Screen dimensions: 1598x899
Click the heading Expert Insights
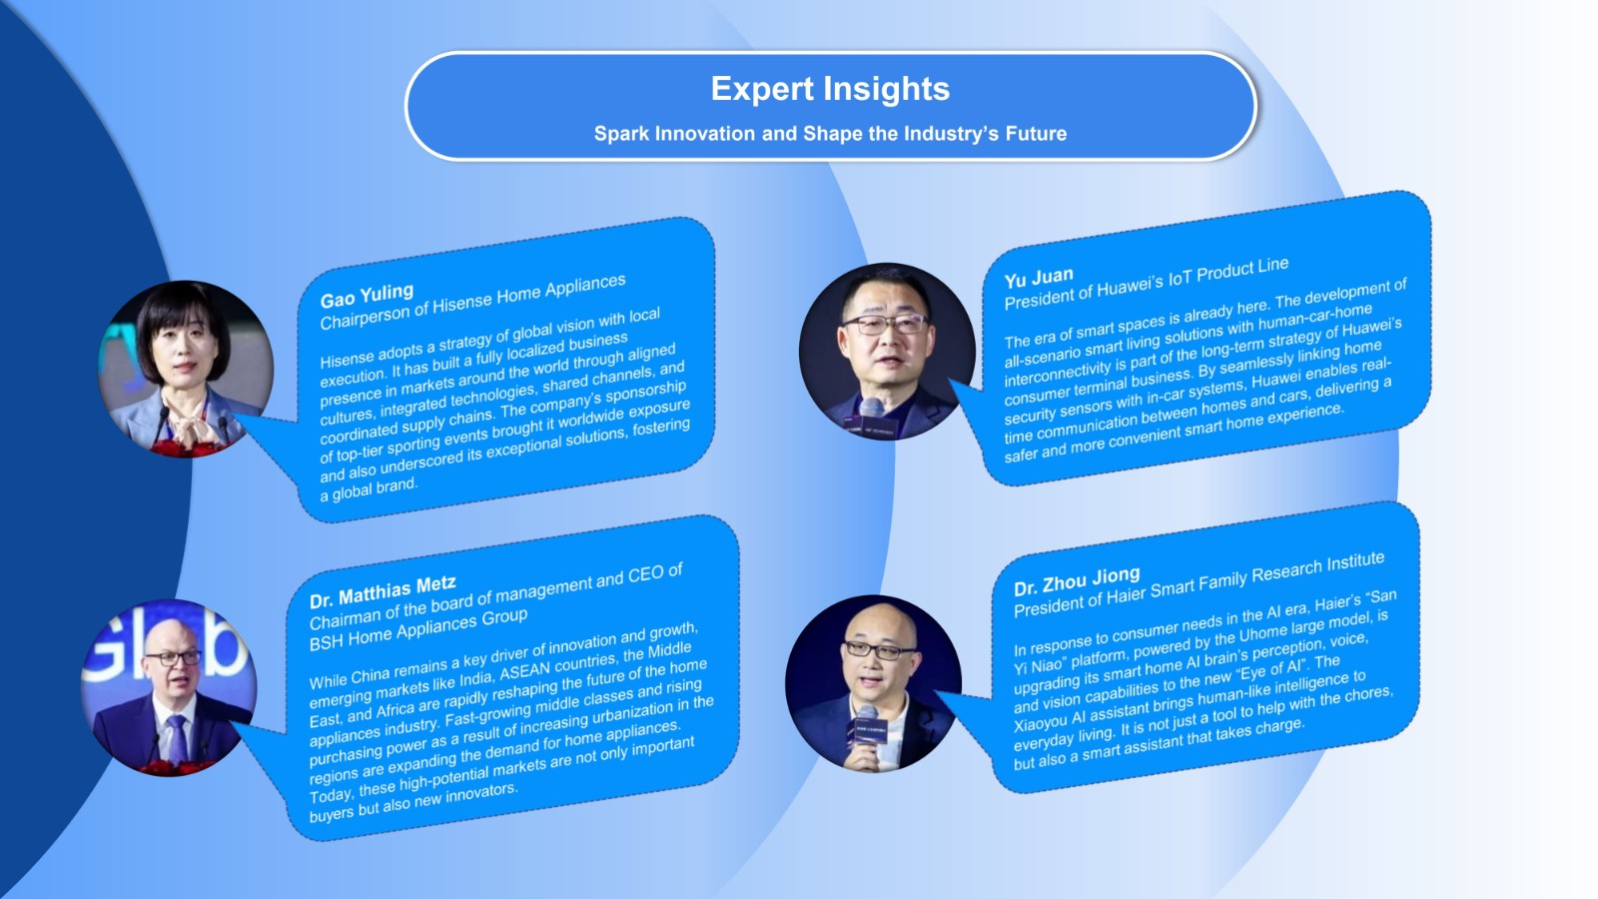(830, 89)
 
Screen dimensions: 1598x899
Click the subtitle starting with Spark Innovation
(830, 134)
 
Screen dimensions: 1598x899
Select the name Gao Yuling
(367, 296)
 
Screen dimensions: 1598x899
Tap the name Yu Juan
(1039, 278)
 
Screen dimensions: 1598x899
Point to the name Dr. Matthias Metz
(384, 592)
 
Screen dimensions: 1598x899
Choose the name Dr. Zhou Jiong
(1078, 581)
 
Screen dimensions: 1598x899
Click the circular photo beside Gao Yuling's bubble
(186, 369)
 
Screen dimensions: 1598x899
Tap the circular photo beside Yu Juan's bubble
(888, 352)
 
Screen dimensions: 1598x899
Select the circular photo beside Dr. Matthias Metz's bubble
(169, 688)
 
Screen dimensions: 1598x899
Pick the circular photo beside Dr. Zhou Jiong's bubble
(874, 683)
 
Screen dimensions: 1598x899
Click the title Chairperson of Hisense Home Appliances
(473, 302)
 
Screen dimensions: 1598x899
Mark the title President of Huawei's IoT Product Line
(1147, 284)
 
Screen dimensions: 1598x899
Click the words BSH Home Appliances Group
(418, 630)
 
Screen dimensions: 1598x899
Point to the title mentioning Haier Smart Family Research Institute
(1199, 584)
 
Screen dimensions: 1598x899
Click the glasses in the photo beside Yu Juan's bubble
(885, 325)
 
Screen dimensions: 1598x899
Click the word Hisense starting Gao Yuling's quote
(346, 358)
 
